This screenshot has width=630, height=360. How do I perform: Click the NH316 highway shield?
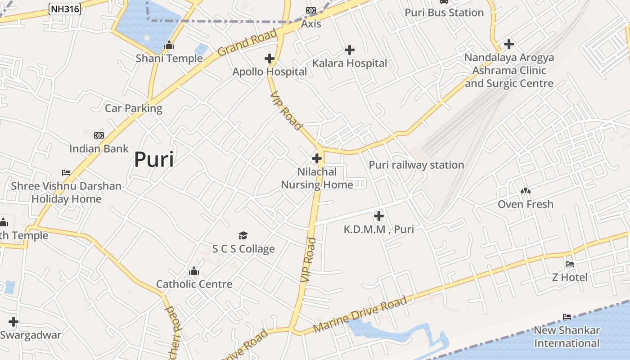pyautogui.click(x=65, y=9)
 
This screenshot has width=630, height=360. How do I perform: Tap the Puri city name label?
pyautogui.click(x=154, y=159)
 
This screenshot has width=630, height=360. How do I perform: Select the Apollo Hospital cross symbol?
pyautogui.click(x=270, y=58)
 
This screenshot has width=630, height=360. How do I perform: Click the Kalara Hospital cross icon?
pyautogui.click(x=349, y=50)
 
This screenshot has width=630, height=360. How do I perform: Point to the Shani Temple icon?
pyautogui.click(x=169, y=45)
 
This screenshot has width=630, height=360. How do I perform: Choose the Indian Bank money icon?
pyautogui.click(x=99, y=135)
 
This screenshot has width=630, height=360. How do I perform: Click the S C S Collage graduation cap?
pyautogui.click(x=243, y=235)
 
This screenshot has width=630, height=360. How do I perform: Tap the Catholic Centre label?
pyautogui.click(x=194, y=284)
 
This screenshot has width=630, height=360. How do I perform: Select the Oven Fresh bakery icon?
pyautogui.click(x=525, y=191)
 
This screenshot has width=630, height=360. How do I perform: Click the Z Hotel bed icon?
pyautogui.click(x=570, y=264)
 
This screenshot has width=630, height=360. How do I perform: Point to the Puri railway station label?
pyautogui.click(x=416, y=165)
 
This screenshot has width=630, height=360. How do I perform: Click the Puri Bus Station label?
pyautogui.click(x=444, y=13)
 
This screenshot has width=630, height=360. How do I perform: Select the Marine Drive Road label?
pyautogui.click(x=360, y=314)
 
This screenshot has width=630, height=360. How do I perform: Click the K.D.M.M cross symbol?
pyautogui.click(x=379, y=216)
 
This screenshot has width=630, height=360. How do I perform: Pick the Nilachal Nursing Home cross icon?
pyautogui.click(x=317, y=158)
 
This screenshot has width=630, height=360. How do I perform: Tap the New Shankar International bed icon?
pyautogui.click(x=567, y=317)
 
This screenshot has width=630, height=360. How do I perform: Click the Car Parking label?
pyautogui.click(x=133, y=108)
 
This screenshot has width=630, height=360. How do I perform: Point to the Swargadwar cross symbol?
pyautogui.click(x=13, y=322)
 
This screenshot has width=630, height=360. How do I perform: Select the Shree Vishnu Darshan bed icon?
pyautogui.click(x=66, y=173)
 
